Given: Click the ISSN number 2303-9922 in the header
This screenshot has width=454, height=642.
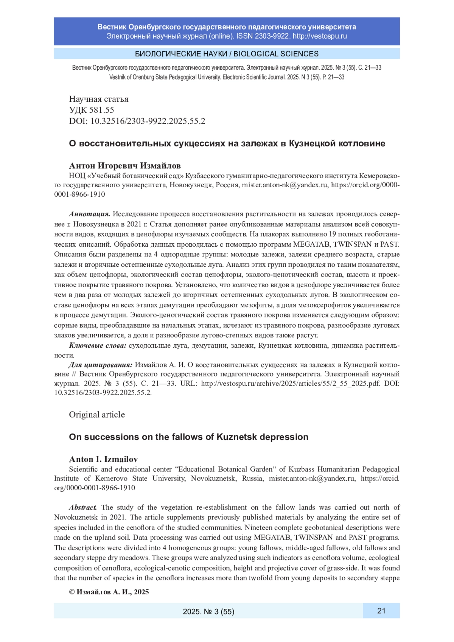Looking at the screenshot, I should point(271,36).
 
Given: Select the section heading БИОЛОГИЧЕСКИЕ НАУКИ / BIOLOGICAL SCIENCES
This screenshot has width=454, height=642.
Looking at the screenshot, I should point(227,54).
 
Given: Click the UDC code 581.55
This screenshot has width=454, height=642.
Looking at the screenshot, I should point(102,110).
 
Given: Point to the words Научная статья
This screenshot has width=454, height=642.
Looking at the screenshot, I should point(99,99).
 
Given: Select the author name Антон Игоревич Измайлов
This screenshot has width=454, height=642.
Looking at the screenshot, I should point(125,166).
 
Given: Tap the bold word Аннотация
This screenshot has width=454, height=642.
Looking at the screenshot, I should point(90,214).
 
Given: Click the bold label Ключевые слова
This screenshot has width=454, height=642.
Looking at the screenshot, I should point(98,345).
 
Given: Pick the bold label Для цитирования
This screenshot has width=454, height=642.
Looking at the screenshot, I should point(101,365).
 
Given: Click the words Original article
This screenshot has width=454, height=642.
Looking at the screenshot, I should point(97,415).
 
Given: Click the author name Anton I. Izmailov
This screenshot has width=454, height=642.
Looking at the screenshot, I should point(103,459).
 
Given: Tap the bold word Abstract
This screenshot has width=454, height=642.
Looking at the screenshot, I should point(83,507).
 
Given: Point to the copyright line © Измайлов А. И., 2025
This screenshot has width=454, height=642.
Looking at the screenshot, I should point(109,592).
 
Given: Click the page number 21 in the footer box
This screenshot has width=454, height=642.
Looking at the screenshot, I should point(381,611).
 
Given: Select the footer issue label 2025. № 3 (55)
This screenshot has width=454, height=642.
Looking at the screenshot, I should point(208,611).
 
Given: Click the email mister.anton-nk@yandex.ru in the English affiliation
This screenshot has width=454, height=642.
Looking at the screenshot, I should point(312,479).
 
